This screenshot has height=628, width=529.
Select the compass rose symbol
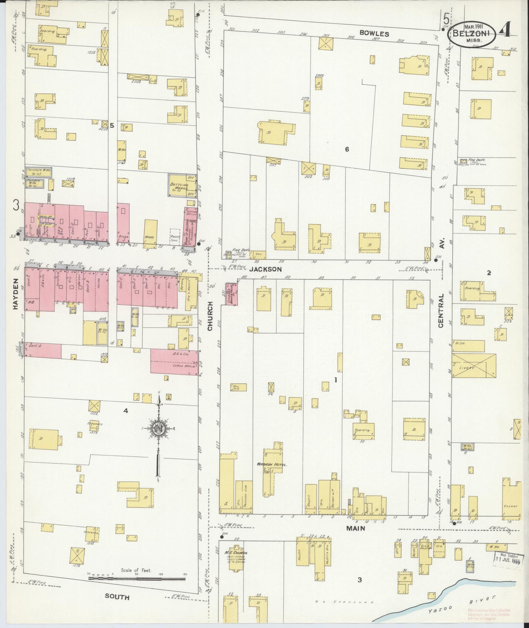[x=158, y=428]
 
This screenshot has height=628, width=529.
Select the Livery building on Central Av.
[x=474, y=365]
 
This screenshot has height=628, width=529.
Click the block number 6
[x=347, y=149]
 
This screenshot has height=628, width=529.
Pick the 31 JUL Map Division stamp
[x=507, y=557]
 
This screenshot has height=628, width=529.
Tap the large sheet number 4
[x=504, y=31]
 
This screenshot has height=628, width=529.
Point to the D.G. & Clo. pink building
[x=174, y=361]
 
